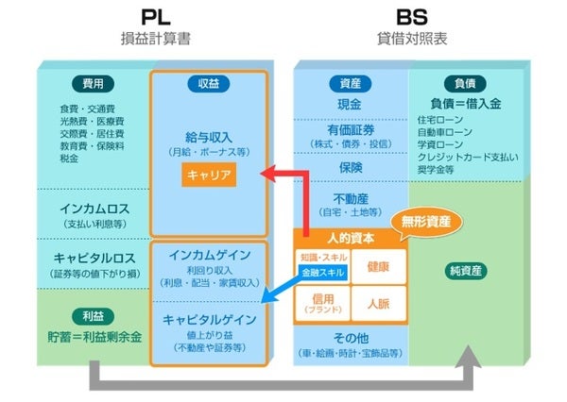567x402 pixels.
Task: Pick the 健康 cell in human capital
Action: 378,265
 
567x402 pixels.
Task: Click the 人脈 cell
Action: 378,304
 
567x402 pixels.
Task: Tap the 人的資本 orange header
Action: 350,240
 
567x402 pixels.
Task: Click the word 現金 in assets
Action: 349,104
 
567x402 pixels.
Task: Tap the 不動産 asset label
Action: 349,198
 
